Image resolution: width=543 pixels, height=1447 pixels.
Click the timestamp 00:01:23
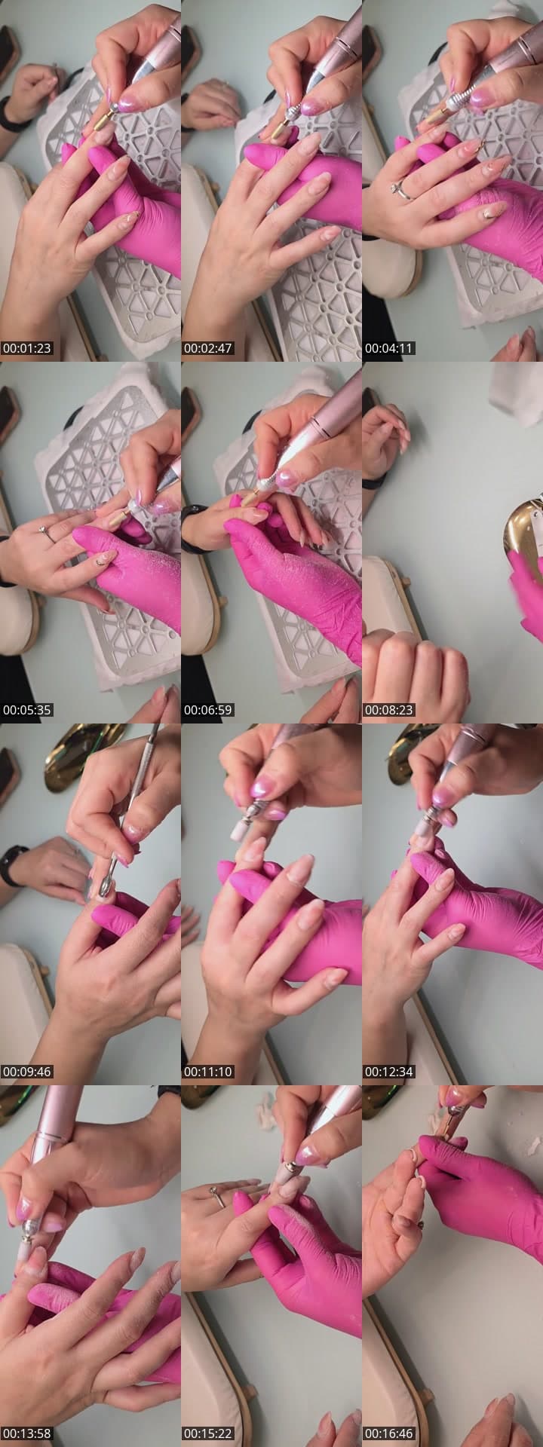tap(27, 348)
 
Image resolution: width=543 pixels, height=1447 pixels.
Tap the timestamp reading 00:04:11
tap(389, 348)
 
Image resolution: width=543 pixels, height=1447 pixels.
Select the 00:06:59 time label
tap(208, 710)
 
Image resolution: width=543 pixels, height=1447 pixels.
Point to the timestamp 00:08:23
tap(389, 710)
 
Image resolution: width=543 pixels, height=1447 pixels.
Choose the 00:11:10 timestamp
tap(208, 1072)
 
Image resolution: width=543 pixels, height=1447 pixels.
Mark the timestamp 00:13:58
tap(27, 1433)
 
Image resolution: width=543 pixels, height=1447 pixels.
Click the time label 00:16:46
tap(389, 1433)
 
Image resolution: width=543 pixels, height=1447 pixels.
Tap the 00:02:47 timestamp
tap(208, 348)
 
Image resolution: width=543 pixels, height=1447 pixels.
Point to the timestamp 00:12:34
tap(389, 1072)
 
